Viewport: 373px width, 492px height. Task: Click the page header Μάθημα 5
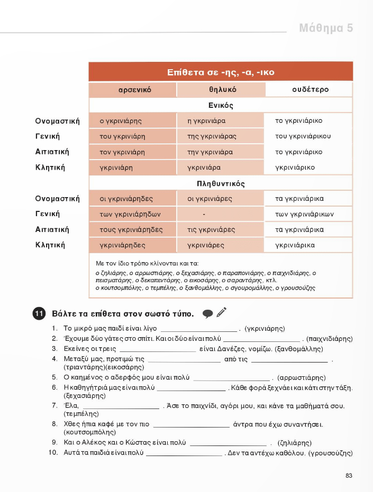tap(326, 28)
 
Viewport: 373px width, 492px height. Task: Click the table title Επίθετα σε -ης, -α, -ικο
tap(221, 72)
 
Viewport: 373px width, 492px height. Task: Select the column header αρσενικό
tap(132, 90)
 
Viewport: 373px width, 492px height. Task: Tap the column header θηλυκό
tap(221, 90)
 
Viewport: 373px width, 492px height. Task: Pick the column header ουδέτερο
tap(310, 90)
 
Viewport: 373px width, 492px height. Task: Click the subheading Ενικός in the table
tap(221, 106)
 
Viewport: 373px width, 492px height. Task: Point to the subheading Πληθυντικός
tap(221, 184)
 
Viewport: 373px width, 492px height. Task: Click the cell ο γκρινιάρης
tap(121, 121)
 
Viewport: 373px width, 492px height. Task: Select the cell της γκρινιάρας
tap(212, 136)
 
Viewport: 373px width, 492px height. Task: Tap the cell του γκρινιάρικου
tap(303, 136)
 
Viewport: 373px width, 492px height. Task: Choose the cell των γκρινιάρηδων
tap(130, 215)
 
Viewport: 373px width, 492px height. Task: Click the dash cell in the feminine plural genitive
tap(204, 215)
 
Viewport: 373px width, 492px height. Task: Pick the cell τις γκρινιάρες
tap(211, 230)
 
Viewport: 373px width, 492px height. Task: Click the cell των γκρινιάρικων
tap(304, 215)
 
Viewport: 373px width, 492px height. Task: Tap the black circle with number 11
tap(38, 313)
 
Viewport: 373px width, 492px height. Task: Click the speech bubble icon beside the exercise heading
tap(207, 313)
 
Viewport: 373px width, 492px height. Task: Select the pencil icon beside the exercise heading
tap(221, 312)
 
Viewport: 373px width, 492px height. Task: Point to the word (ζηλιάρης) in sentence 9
tap(294, 443)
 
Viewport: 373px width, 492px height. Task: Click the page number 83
tap(349, 476)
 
